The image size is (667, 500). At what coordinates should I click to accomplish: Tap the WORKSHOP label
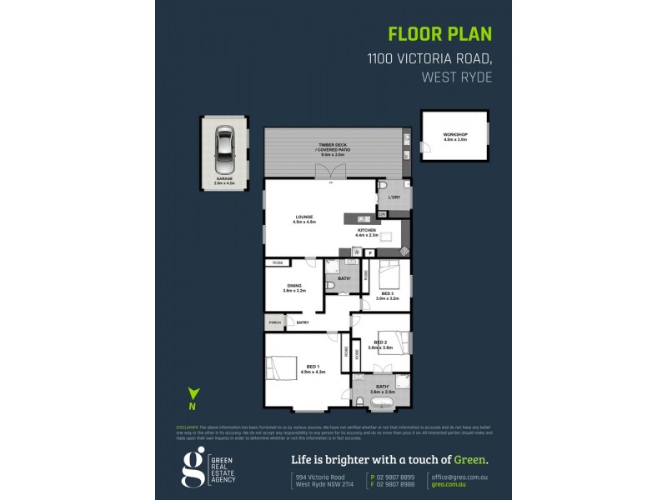pos(454,136)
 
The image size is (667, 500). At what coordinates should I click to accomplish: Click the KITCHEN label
pos(369,231)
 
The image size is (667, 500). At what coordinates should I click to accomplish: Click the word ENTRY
pos(303,322)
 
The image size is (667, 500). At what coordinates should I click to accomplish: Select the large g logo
pos(193,467)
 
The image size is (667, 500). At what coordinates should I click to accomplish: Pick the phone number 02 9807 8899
pos(395,476)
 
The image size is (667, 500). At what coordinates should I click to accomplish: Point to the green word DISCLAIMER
pos(187,426)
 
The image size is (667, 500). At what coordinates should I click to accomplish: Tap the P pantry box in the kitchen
pos(369,252)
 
